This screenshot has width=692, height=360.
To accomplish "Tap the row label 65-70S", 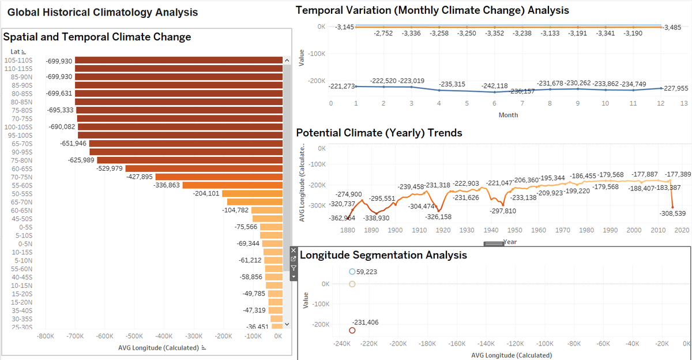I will [22, 143].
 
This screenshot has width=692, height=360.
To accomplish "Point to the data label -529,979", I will [109, 168].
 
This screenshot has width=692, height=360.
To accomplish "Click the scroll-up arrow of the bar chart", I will [287, 61].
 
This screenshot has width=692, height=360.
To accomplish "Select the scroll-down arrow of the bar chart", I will [287, 325].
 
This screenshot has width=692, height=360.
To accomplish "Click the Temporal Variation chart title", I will [432, 10].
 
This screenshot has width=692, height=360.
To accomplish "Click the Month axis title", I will [508, 115].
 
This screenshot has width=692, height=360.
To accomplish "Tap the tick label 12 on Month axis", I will [661, 103].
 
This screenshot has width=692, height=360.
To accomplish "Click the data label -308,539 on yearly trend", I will [672, 213].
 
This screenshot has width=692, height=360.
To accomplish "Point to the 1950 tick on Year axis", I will [515, 230].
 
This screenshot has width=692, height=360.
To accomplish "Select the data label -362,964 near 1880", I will [342, 218].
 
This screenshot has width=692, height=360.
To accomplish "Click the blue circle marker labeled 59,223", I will [352, 272].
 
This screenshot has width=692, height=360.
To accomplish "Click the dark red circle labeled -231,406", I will [352, 331].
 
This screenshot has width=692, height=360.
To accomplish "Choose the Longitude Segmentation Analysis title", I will [383, 254].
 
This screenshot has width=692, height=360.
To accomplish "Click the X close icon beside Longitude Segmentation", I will [293, 250].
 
